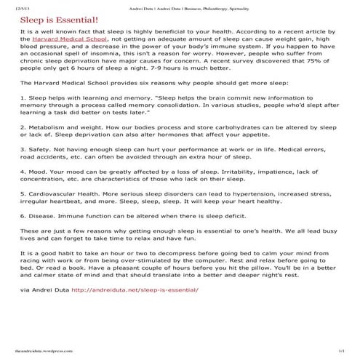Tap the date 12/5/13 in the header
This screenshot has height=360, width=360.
12,5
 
